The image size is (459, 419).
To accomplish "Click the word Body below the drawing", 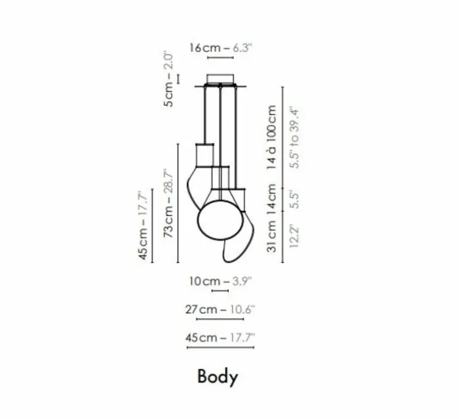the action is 218,377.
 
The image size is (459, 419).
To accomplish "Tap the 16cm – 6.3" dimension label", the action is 220,48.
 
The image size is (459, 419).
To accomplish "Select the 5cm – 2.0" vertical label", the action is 169,80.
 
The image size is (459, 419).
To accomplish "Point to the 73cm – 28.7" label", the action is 168,203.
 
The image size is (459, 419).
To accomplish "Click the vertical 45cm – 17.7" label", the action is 143,226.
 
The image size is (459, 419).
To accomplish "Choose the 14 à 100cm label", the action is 271,137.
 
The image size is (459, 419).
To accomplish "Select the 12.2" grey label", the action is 294,236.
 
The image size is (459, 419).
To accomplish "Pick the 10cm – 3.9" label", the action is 220,281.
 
